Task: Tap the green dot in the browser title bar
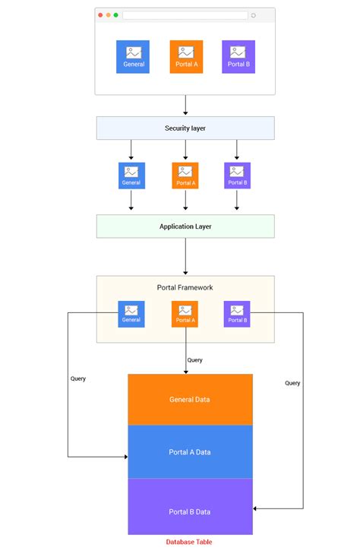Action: tap(115, 15)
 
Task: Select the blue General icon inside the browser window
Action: tap(134, 57)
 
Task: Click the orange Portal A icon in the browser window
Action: tap(186, 57)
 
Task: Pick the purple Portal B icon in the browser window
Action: tap(238, 57)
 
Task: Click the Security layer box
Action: tap(185, 128)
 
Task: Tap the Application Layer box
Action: tap(185, 226)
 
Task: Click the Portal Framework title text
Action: tap(185, 287)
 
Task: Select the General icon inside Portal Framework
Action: tap(131, 314)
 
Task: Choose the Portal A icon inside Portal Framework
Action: tap(185, 314)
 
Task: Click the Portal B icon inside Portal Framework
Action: tap(238, 314)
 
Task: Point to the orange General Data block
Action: tap(190, 399)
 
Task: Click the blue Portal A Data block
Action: tap(190, 452)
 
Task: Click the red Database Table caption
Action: tap(189, 542)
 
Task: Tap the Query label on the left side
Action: tap(77, 378)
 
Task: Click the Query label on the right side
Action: tap(292, 383)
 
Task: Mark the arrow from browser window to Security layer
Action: tap(185, 105)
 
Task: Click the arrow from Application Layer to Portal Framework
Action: tap(185, 256)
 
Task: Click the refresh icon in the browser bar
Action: tap(253, 15)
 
